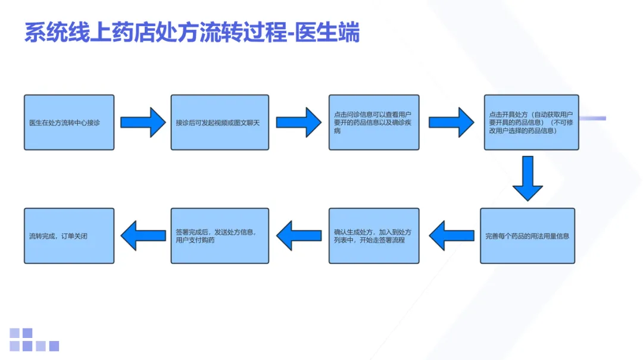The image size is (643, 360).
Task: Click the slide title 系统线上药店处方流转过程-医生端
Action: click(192, 33)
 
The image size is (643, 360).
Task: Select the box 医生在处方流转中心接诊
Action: click(69, 122)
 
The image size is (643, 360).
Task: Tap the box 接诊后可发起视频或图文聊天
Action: click(220, 122)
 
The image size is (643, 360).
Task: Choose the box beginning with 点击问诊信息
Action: click(374, 122)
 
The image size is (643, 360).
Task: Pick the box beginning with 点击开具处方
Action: click(531, 122)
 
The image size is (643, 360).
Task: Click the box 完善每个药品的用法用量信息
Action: click(527, 236)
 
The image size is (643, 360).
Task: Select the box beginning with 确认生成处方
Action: click(374, 236)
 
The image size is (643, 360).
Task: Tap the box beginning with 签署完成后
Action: click(220, 236)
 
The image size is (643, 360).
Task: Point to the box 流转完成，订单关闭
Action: click(69, 236)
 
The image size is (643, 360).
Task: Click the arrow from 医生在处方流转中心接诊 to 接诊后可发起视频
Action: click(143, 122)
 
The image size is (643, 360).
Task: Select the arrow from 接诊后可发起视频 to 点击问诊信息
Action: click(298, 122)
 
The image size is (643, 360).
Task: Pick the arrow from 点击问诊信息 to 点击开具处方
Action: click(451, 122)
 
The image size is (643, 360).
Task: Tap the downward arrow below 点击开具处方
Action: click(527, 178)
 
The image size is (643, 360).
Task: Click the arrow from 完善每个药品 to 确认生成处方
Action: click(451, 236)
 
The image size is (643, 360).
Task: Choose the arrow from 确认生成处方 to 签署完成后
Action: click(298, 236)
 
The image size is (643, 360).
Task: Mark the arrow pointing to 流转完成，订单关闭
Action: click(143, 236)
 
